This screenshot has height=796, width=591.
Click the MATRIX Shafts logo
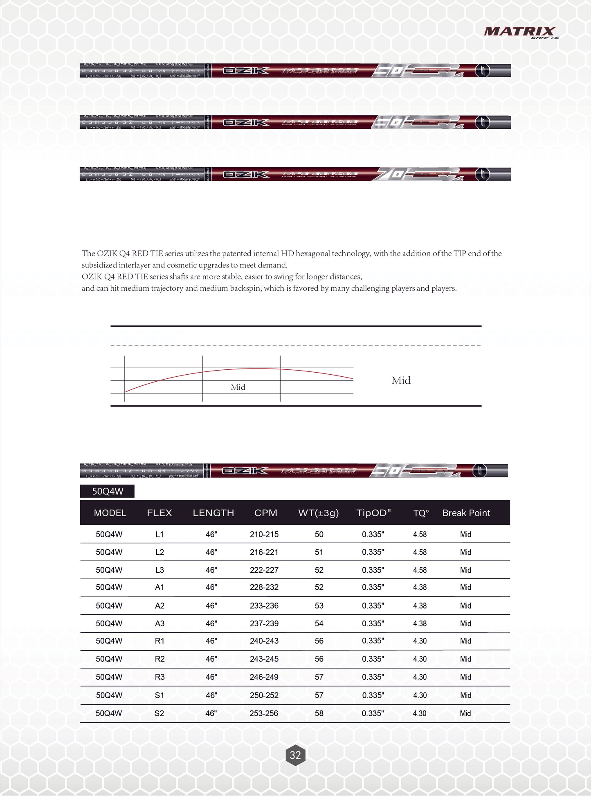[x=521, y=32]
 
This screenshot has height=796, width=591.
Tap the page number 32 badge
[x=295, y=755]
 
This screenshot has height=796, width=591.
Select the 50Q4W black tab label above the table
[x=107, y=491]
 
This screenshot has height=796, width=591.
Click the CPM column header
[x=265, y=513]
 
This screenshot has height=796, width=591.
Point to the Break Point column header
[x=466, y=513]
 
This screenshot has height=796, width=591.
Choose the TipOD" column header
[x=373, y=513]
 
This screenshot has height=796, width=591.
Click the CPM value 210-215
[x=264, y=534]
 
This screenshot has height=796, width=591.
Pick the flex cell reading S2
[x=159, y=713]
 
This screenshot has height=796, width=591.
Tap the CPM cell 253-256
[x=264, y=713]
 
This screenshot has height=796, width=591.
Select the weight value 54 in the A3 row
[x=319, y=623]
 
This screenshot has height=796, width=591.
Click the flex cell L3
[x=160, y=570]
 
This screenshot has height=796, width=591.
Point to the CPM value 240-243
[x=264, y=641]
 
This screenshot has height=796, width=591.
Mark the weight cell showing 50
[x=319, y=534]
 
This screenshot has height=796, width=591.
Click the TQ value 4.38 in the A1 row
[x=420, y=587]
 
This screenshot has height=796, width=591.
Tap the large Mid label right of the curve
[x=401, y=380]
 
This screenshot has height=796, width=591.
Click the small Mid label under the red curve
[x=238, y=387]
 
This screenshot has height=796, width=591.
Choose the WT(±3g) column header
[x=318, y=513]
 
